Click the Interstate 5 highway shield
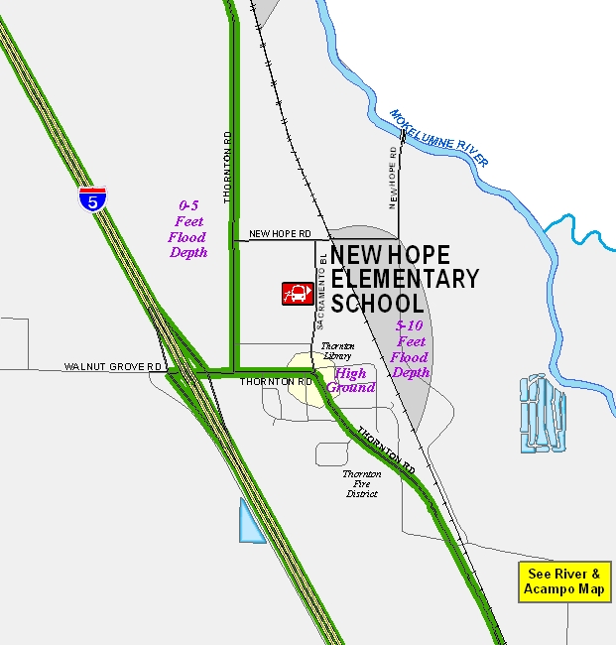[x=92, y=198]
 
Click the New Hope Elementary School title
[x=404, y=279]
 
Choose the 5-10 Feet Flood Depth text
[x=410, y=349]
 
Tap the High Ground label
[x=351, y=380]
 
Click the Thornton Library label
[x=337, y=350]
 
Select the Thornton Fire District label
[x=362, y=483]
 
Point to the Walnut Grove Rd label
[x=114, y=367]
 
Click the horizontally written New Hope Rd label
[x=280, y=234]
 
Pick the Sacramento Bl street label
[x=321, y=290]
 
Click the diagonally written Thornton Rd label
[x=386, y=448]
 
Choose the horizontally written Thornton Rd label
[x=276, y=381]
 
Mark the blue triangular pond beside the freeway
[x=249, y=523]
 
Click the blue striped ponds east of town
[x=543, y=413]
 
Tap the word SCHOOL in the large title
[x=378, y=303]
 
